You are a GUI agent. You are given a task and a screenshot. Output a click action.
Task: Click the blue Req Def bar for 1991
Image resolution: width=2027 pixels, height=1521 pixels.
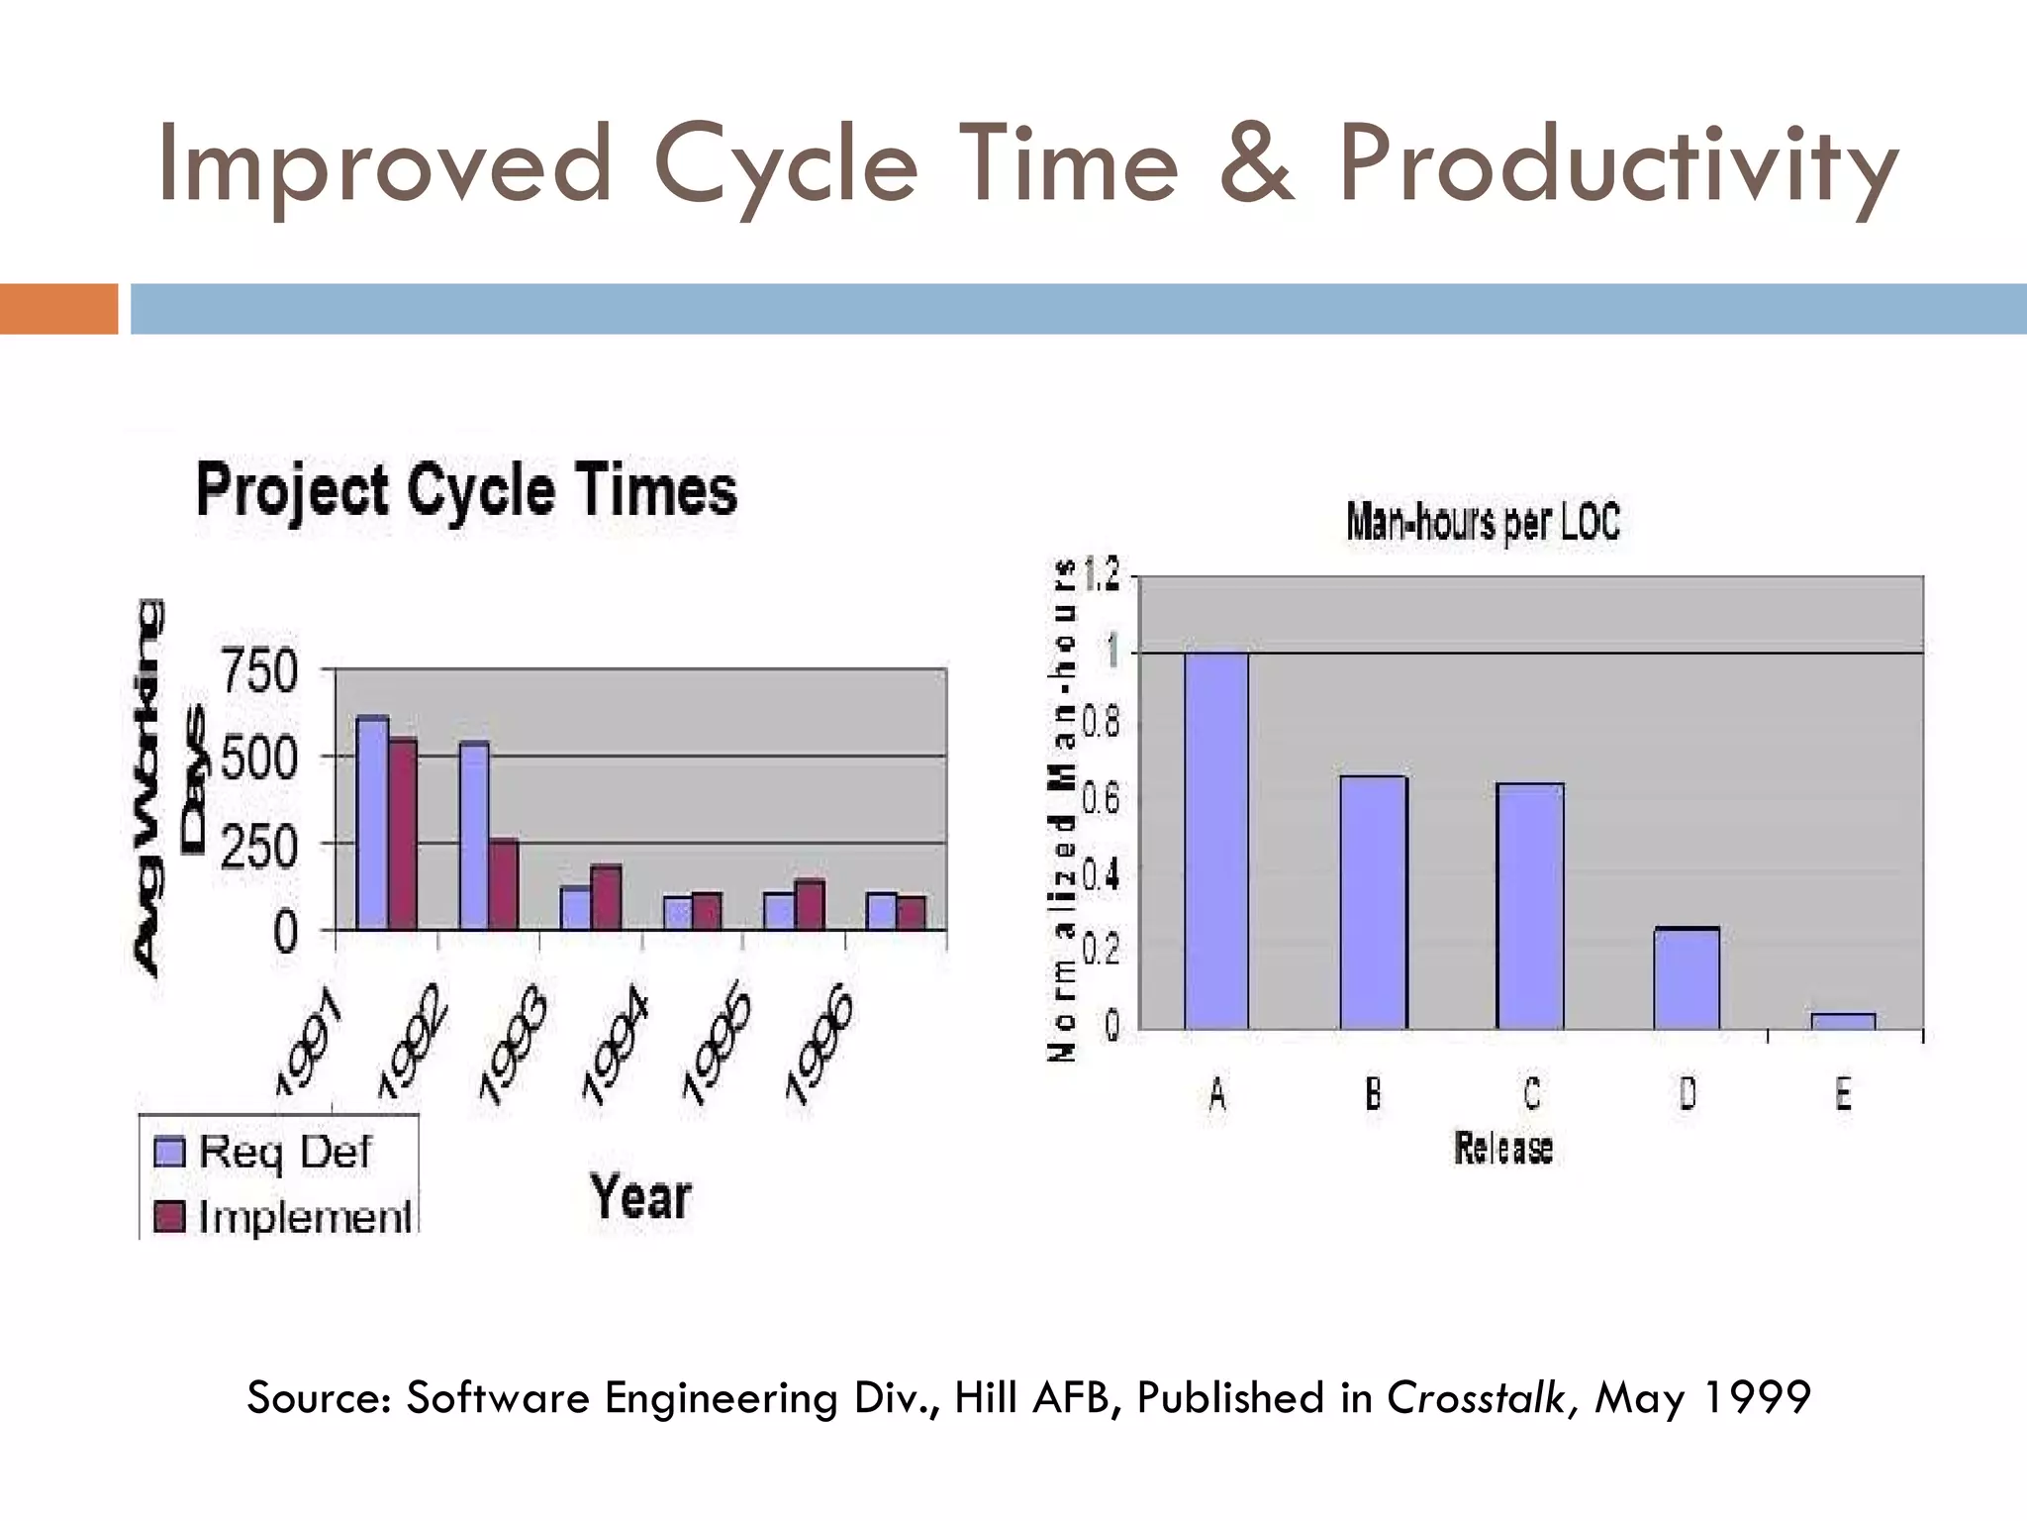pos(372,822)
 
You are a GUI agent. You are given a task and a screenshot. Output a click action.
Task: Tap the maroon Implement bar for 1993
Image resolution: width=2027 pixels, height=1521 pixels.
pos(606,897)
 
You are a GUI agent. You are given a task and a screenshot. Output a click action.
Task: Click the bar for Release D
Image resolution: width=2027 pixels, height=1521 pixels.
pos(1687,977)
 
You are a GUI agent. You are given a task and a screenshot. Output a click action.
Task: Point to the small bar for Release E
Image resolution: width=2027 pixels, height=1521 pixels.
pos(1843,1021)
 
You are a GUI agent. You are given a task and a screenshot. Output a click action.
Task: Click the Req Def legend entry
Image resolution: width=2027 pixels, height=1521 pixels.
pos(263,1152)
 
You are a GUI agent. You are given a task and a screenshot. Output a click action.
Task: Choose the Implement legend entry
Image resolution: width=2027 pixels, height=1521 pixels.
pos(282,1217)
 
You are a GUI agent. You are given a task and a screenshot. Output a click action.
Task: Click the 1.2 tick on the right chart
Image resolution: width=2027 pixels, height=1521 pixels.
pos(1102,574)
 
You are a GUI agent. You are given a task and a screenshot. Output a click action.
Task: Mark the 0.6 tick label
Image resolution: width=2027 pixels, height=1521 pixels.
pos(1101,799)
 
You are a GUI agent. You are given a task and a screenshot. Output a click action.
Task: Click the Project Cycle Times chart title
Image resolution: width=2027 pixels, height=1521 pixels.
pos(466,491)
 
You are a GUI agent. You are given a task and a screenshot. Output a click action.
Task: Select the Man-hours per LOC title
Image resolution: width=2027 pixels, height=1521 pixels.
pos(1482,522)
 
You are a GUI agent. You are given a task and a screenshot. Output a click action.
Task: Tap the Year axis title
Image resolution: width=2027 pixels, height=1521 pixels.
pos(640,1196)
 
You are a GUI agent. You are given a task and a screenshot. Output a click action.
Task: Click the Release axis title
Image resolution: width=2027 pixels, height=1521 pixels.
pos(1503,1149)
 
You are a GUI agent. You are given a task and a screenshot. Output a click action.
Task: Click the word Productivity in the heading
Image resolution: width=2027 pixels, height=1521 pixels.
pos(1618,166)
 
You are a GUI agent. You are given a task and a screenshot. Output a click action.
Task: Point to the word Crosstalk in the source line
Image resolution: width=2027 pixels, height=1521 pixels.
pos(1475,1398)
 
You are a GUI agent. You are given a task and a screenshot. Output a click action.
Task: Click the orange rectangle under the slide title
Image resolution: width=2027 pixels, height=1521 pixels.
pos(58,309)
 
